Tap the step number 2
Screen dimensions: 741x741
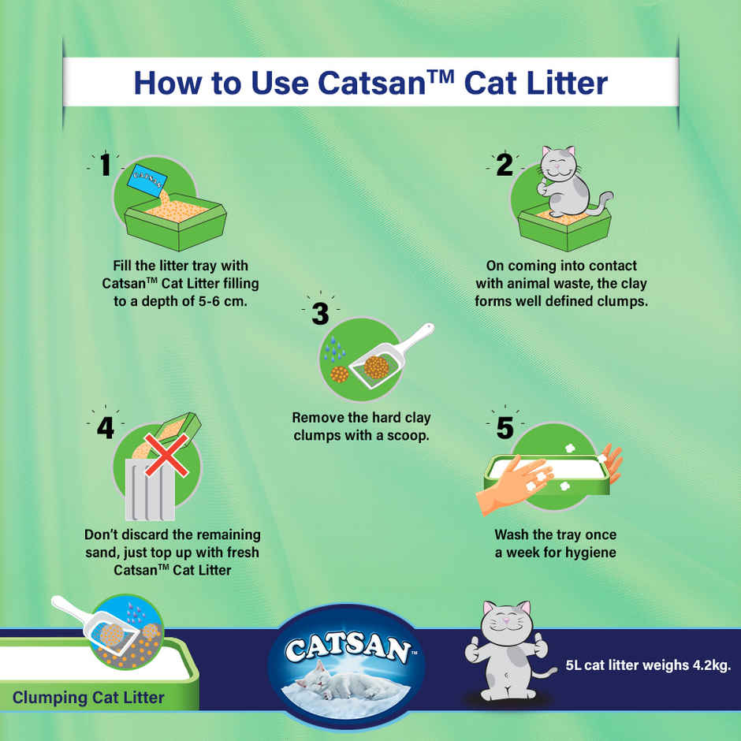504,165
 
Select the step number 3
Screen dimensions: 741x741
319,314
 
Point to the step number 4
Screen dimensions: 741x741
105,428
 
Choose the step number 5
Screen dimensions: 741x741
504,428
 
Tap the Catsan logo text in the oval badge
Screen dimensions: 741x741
348,649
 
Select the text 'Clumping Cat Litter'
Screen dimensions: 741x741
88,697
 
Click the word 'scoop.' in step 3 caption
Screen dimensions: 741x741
405,435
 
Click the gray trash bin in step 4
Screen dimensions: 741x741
150,489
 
